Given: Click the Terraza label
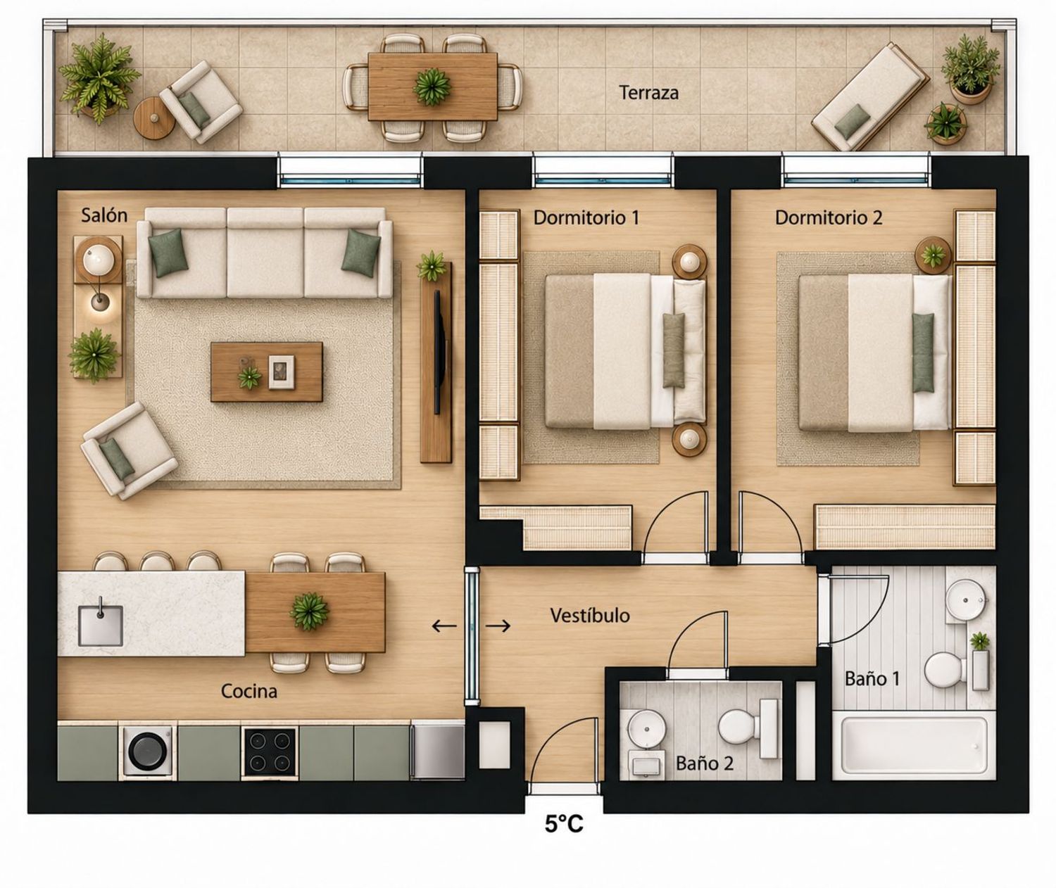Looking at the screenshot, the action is pos(648,93).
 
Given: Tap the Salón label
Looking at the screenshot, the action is pos(104,216).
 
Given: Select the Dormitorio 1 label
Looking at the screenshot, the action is pos(586,218).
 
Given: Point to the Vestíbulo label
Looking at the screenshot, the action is pos(590,616).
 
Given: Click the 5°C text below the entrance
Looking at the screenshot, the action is pos(564,824).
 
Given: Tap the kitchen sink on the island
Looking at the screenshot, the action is pos(101,625).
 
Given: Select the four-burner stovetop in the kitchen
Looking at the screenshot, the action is pos(270,751).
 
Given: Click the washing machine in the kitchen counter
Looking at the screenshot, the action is pos(149,751).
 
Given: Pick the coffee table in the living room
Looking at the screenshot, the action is pos(267,372).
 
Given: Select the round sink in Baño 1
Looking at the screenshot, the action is pos(966,600).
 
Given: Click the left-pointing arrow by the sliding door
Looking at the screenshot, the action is pos(444,626).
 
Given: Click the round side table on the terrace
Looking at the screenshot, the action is pos(154,118).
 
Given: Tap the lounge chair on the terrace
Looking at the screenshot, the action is pos(870,97).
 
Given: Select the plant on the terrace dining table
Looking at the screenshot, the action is pos(432,87).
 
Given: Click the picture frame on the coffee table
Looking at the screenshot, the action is pos(281,372).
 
